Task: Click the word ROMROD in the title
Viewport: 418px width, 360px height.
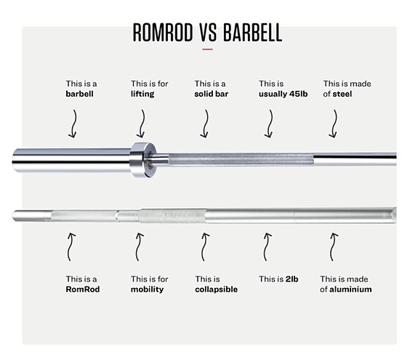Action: click(163, 33)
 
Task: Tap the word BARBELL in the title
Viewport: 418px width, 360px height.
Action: click(252, 33)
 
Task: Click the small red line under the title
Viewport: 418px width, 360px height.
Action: click(207, 49)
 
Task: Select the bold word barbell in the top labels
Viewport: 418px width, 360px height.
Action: click(79, 94)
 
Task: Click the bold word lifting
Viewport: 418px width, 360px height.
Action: click(142, 94)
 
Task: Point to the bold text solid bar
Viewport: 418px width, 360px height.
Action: click(211, 94)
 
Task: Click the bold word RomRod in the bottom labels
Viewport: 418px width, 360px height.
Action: click(83, 289)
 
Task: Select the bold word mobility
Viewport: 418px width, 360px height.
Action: click(147, 289)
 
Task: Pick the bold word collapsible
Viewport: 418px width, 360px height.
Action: click(216, 289)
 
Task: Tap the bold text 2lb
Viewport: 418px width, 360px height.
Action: click(292, 279)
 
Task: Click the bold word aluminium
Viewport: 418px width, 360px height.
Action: click(350, 289)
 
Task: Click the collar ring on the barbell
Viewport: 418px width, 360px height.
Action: click(143, 159)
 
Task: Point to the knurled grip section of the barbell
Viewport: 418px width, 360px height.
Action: click(241, 159)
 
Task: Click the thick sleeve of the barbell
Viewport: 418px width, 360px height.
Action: click(71, 160)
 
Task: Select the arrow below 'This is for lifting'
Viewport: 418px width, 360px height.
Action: click(142, 124)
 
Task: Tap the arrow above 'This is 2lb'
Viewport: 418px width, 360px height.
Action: click(267, 247)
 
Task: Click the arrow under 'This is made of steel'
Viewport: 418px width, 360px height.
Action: click(334, 124)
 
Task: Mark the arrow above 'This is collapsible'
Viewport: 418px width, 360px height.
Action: click(204, 247)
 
